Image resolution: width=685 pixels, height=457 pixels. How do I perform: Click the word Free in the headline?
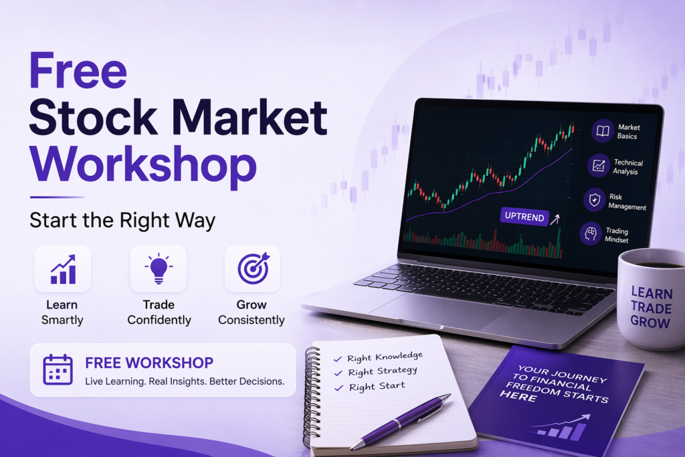point(78,70)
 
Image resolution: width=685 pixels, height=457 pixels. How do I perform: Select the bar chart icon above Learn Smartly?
point(63,269)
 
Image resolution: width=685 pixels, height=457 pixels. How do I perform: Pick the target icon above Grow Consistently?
point(254,268)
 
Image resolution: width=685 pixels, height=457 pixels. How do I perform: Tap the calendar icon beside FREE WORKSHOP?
point(58,369)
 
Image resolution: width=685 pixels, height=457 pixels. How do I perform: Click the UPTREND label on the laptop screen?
point(524,216)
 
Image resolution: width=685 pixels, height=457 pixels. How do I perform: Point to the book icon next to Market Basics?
point(603,131)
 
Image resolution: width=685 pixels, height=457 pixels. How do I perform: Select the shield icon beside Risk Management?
point(595,200)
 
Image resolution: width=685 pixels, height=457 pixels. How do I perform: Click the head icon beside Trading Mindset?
point(591,234)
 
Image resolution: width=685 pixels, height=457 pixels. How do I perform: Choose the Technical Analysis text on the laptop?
point(627,167)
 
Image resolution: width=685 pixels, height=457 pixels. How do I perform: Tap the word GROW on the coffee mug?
point(650,322)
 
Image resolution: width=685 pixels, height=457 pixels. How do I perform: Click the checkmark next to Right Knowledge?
point(338,359)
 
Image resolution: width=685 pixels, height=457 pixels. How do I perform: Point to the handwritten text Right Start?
point(377,386)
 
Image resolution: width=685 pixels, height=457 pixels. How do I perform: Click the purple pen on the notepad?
point(400,421)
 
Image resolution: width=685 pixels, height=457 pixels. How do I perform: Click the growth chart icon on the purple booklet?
point(560,427)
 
